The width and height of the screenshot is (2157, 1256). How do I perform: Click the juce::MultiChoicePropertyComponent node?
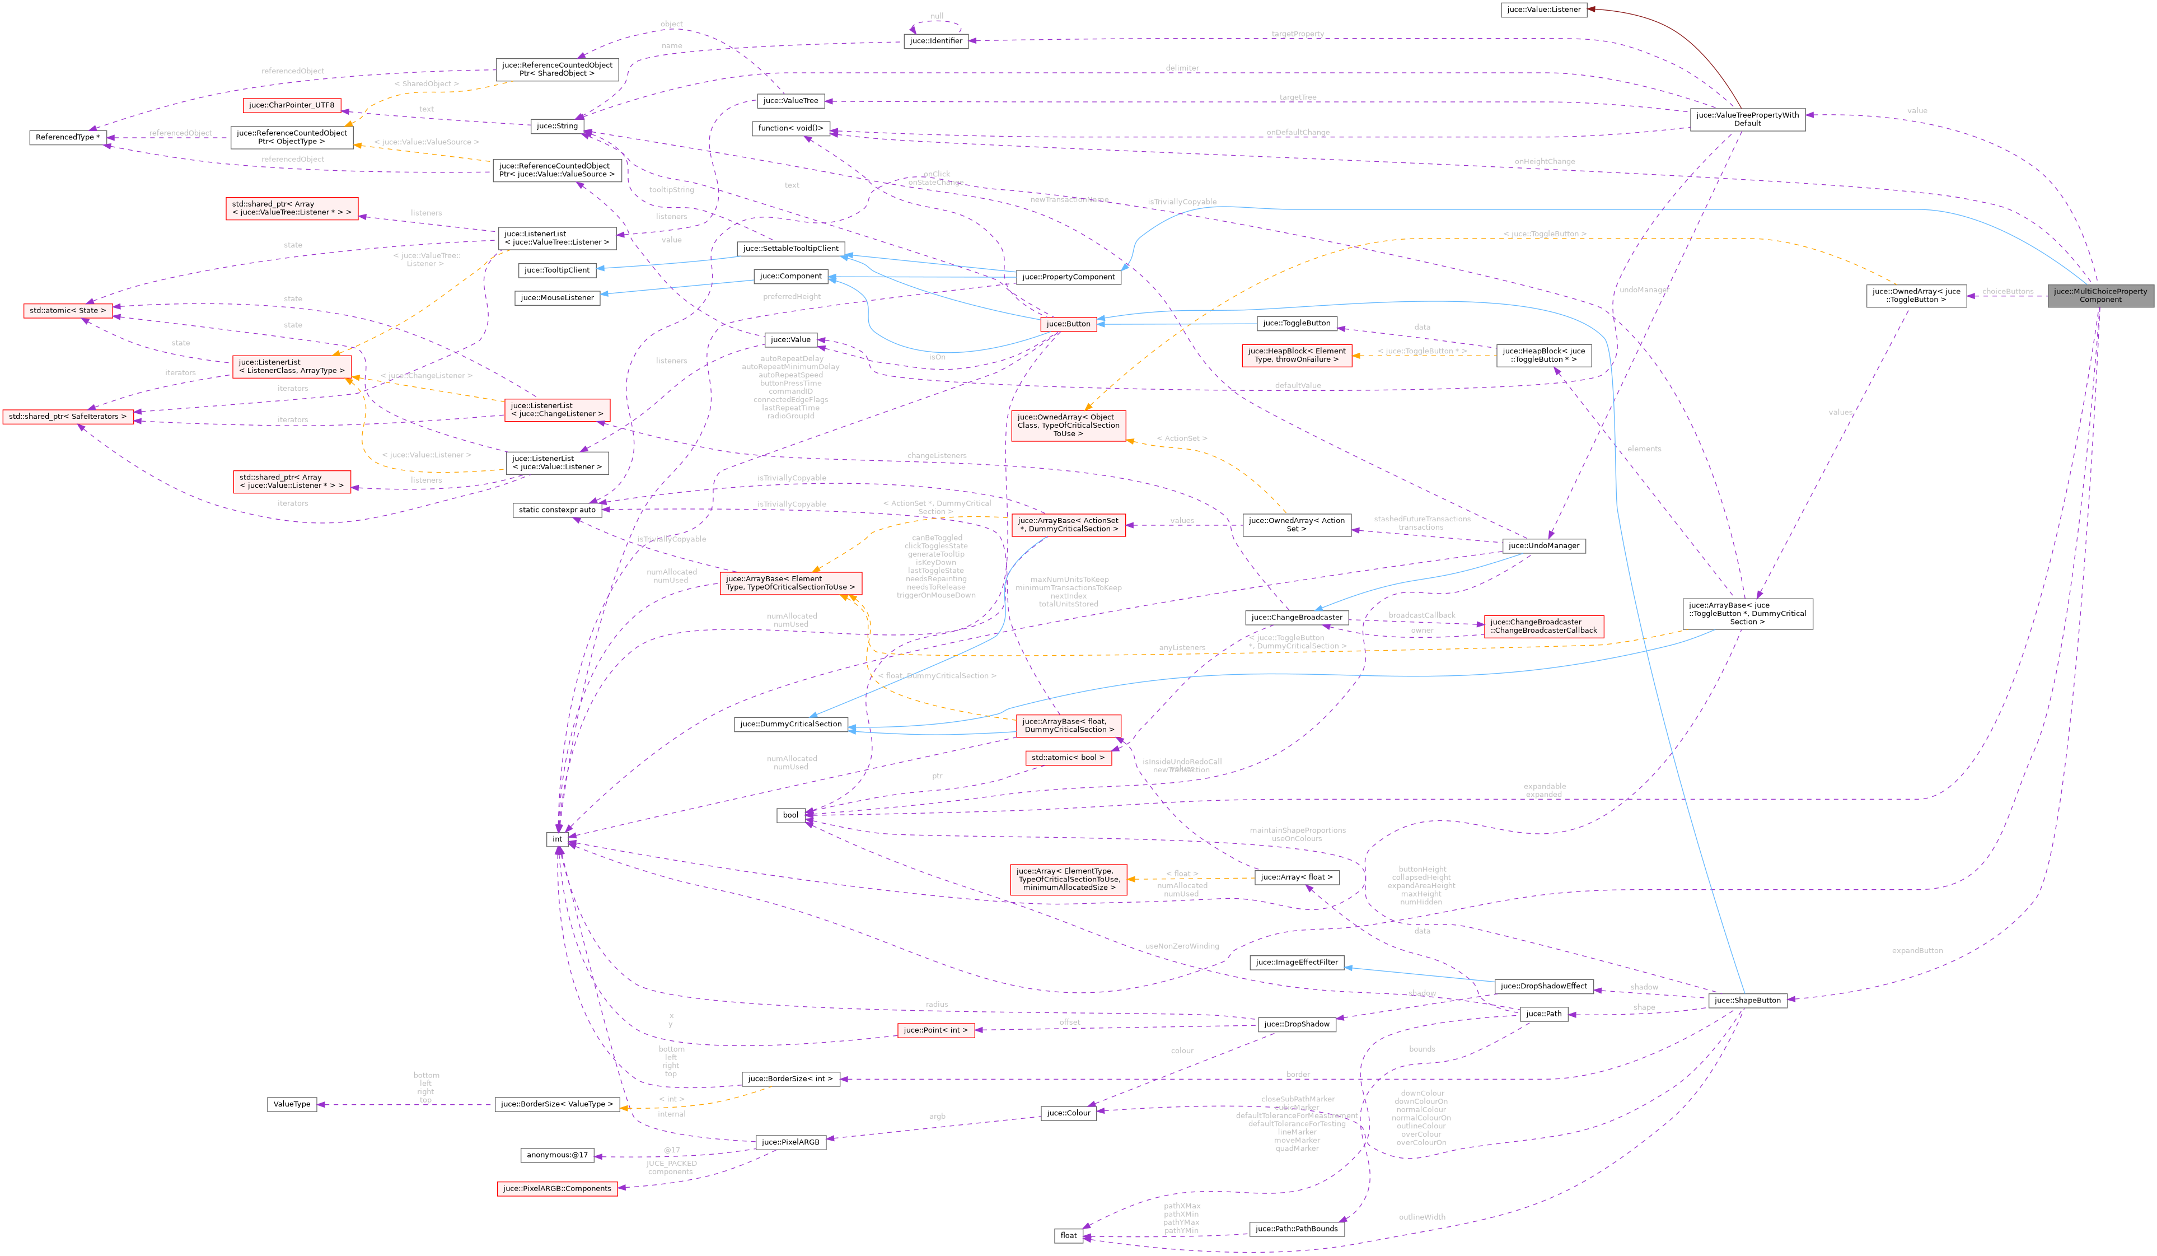(x=2100, y=295)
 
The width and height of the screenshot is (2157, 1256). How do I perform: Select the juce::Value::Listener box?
(x=1544, y=10)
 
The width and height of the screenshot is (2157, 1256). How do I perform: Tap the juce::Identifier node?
(x=935, y=41)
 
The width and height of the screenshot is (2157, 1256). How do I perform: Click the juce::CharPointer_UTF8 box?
(x=292, y=105)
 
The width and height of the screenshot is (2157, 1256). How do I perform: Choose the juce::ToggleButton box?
(x=1297, y=323)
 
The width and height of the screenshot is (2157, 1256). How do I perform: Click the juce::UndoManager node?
(x=1543, y=545)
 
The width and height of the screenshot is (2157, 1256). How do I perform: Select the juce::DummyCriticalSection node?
(x=790, y=725)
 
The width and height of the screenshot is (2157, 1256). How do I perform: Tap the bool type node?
(x=790, y=815)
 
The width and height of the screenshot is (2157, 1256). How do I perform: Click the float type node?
(x=1068, y=1235)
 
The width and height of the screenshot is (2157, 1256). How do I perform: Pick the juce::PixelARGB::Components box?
(x=557, y=1188)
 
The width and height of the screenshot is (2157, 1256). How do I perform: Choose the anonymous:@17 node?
(x=557, y=1155)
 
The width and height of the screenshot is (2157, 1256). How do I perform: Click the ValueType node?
(x=292, y=1104)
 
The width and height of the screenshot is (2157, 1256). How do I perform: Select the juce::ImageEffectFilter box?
(x=1297, y=963)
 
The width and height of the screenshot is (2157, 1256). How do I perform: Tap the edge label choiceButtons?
(x=2007, y=291)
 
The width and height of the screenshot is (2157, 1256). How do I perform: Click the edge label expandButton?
(x=1917, y=950)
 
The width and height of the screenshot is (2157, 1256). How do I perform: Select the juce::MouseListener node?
(x=557, y=298)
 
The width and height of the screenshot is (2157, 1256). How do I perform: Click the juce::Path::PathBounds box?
(x=1296, y=1229)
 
